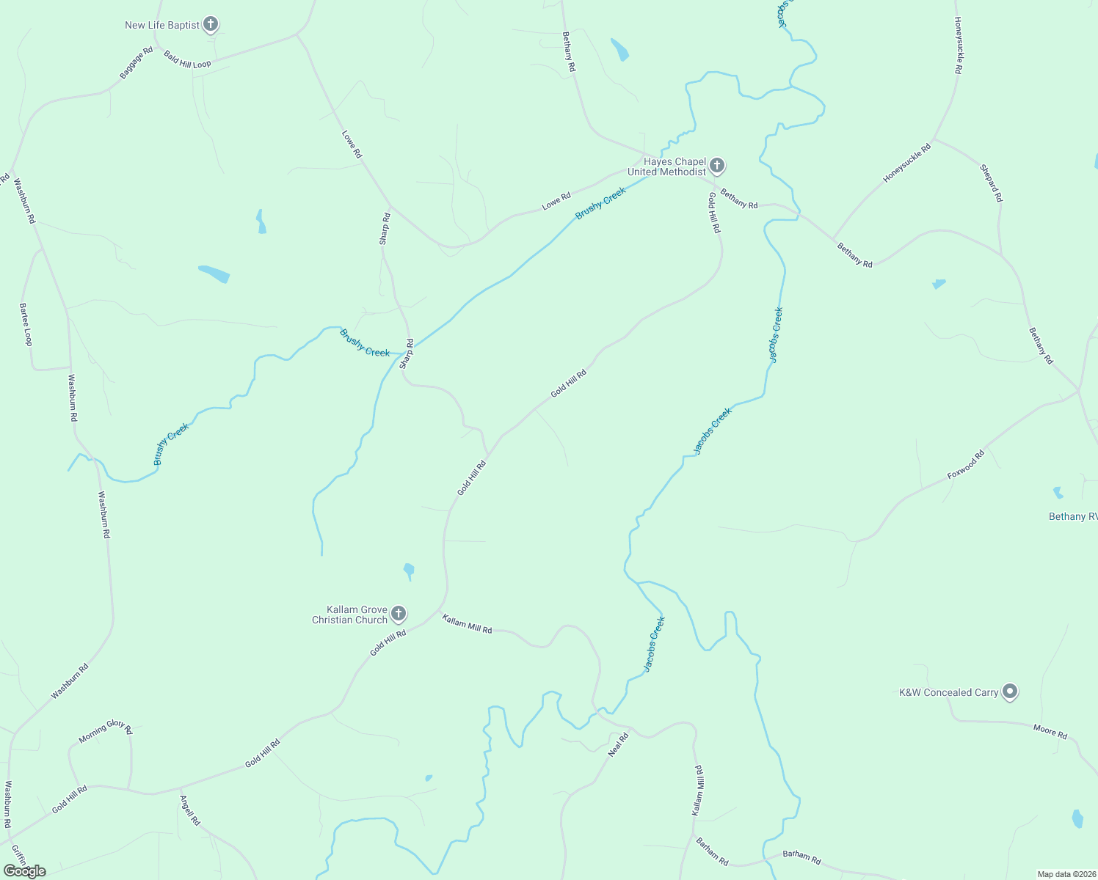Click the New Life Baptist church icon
[x=211, y=25]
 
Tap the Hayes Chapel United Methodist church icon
[x=717, y=166]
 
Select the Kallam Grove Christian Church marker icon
[x=399, y=614]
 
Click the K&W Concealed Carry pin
[x=1010, y=692]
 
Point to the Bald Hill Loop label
[x=187, y=60]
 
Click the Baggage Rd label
[x=137, y=63]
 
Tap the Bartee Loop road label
[x=26, y=324]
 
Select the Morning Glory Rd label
[x=106, y=730]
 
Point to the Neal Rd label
[x=619, y=744]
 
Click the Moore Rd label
[x=1050, y=731]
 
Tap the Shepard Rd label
[x=991, y=183]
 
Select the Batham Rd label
[x=801, y=856]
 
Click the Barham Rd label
[x=712, y=851]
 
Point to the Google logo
[x=24, y=871]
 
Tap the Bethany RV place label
[x=1072, y=517]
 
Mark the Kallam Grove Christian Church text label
[x=349, y=615]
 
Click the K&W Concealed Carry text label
[x=948, y=692]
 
